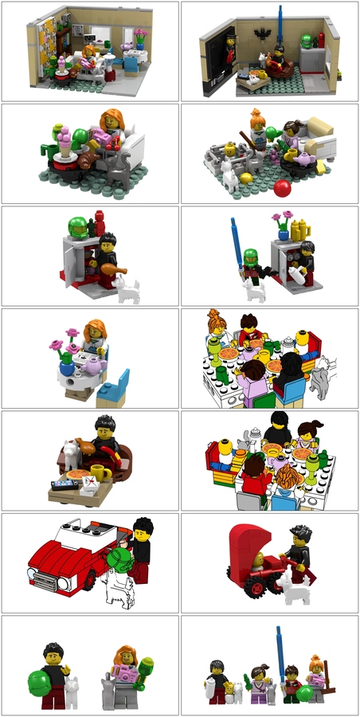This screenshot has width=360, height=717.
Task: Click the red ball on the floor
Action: pos(280,188)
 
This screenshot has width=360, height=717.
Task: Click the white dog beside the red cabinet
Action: pos(127,292)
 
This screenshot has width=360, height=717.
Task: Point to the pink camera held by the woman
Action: pos(124,676)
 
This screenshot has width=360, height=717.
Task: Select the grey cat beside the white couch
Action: pos(119,169)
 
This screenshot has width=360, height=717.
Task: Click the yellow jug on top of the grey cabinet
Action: pos(299,231)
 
